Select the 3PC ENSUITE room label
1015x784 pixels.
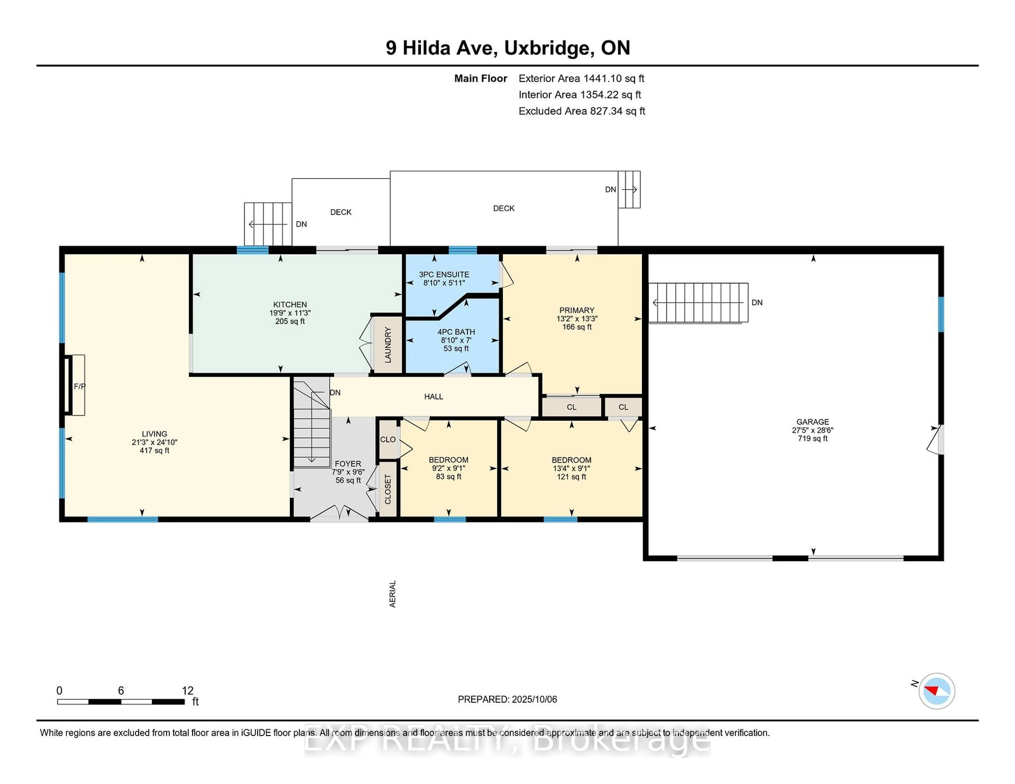(444, 274)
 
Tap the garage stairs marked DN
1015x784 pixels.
(698, 303)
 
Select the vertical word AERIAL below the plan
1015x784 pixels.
(392, 594)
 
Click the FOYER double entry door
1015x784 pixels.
(340, 513)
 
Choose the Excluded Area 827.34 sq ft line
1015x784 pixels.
(582, 111)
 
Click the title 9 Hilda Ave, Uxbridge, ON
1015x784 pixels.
(508, 48)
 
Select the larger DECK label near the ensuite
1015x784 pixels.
(503, 208)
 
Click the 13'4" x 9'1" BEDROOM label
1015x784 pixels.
(571, 468)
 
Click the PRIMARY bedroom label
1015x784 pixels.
(576, 310)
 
